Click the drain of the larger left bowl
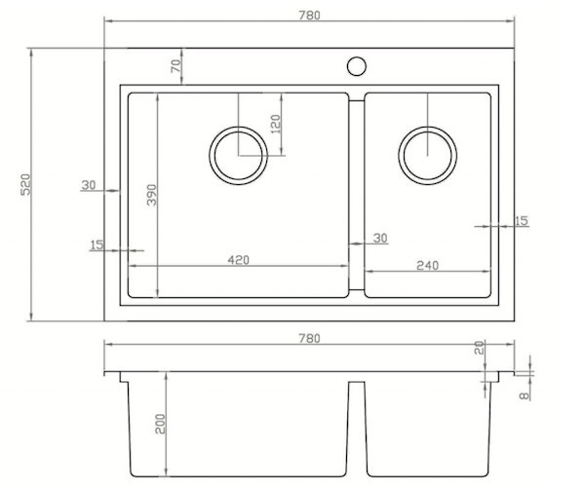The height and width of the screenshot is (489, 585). [238, 127]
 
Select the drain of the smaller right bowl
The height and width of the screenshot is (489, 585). [427, 127]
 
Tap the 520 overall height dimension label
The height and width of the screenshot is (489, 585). [25, 184]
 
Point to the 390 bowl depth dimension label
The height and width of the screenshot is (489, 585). [152, 195]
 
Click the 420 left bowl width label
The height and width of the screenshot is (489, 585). [238, 259]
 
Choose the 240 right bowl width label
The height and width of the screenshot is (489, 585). [427, 265]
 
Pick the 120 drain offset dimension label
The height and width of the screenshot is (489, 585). [275, 124]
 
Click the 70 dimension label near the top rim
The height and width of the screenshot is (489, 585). [175, 66]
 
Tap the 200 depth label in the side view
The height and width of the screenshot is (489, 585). [160, 424]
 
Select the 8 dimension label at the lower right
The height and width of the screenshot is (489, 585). [525, 395]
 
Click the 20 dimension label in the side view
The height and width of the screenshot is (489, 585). [480, 348]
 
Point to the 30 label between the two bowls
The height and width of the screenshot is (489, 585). [380, 238]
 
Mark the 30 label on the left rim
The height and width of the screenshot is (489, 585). [89, 184]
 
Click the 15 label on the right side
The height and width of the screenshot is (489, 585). [522, 220]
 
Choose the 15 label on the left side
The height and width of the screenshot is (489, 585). [97, 244]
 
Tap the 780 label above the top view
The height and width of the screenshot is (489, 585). [309, 16]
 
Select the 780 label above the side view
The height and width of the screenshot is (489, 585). [309, 338]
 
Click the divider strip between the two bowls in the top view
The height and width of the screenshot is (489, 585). [356, 195]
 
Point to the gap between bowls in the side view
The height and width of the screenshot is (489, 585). [356, 429]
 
